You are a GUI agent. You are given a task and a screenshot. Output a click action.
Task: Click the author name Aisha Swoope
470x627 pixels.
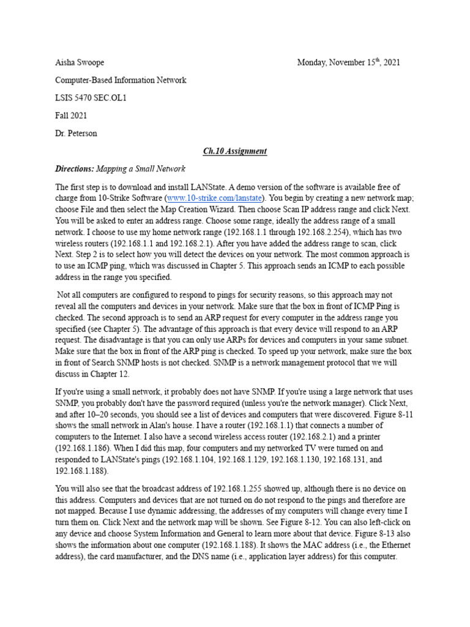[x=80, y=62]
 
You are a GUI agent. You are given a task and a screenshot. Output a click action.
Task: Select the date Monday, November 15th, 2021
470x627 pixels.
[x=349, y=62]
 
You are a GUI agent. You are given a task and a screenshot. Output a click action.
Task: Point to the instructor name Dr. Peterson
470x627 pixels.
[x=76, y=133]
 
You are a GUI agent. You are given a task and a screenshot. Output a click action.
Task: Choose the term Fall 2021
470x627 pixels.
[x=71, y=115]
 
